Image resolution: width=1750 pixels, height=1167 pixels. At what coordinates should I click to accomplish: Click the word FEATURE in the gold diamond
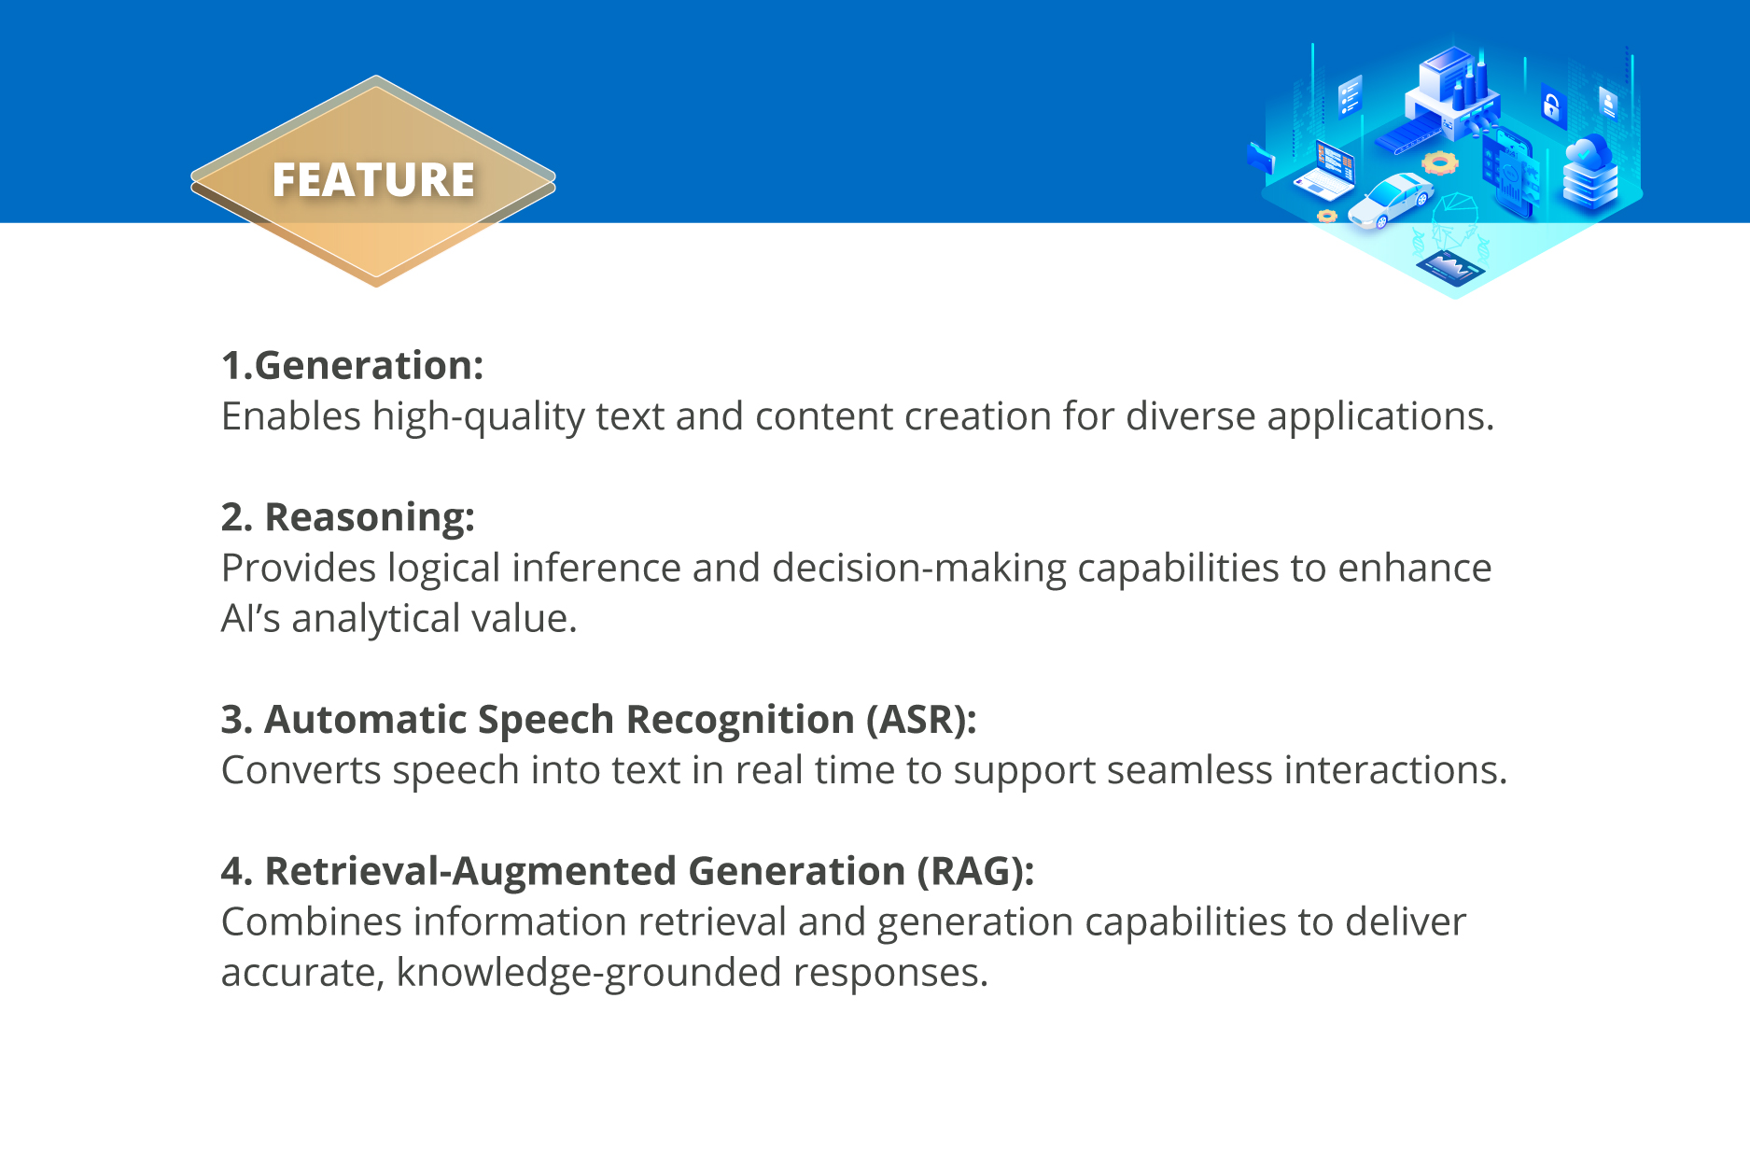pos(373,180)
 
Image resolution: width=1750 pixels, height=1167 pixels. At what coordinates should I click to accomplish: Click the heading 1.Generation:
pos(352,365)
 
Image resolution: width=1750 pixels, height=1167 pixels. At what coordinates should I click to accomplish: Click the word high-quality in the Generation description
pos(478,417)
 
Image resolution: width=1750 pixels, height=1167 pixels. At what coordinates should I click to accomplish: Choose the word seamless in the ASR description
pos(1189,770)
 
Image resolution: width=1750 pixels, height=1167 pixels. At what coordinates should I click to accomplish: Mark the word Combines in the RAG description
pos(312,922)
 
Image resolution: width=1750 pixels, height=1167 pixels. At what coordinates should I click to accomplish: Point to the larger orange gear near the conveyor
pos(1440,163)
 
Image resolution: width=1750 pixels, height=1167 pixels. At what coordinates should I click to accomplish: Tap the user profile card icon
pos(1608,101)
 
